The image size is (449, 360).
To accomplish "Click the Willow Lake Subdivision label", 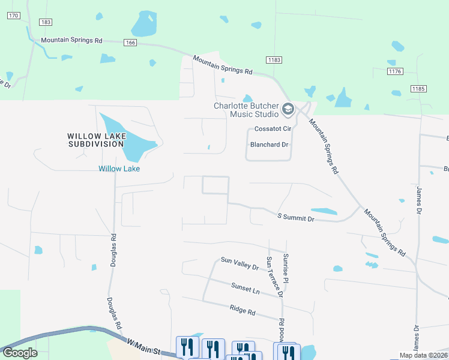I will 97,140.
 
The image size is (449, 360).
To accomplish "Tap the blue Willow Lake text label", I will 119,169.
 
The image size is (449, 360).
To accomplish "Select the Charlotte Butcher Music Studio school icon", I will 288,109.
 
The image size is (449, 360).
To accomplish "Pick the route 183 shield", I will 45,22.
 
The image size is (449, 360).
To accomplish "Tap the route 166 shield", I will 131,43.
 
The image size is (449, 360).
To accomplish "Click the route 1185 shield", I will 418,89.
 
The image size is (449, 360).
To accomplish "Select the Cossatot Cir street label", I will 272,128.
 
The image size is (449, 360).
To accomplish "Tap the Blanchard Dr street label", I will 269,144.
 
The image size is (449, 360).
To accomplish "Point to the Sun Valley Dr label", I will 239,263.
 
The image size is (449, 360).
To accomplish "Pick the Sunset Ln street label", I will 245,289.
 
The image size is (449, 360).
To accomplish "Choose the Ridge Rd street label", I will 243,311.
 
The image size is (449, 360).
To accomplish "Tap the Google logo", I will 19,352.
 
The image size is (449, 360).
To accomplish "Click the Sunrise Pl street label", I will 286,268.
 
